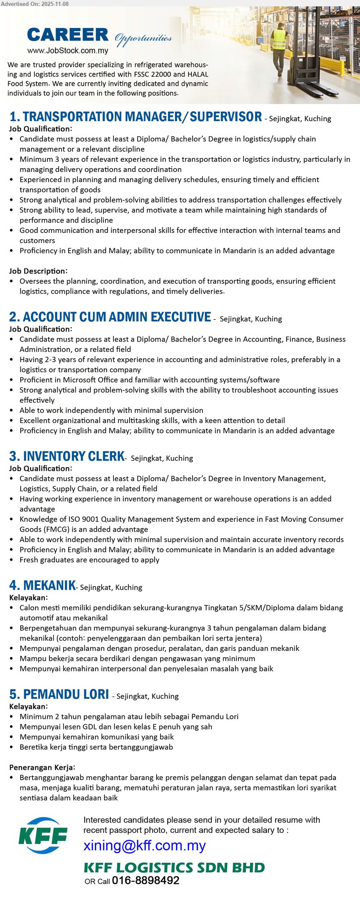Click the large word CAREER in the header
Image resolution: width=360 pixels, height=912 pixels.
pyautogui.click(x=68, y=35)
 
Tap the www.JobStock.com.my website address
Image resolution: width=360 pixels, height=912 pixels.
pyautogui.click(x=68, y=51)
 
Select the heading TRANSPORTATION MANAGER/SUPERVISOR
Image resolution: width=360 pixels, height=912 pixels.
pyautogui.click(x=136, y=117)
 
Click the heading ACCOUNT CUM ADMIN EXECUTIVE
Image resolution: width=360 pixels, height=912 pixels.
pyautogui.click(x=110, y=317)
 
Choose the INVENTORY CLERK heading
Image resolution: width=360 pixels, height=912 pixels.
pyautogui.click(x=67, y=456)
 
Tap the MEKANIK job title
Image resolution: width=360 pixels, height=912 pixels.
pyautogui.click(x=42, y=586)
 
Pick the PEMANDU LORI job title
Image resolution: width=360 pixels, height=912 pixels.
pyautogui.click(x=59, y=694)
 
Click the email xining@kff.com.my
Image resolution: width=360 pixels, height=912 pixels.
pyautogui.click(x=144, y=845)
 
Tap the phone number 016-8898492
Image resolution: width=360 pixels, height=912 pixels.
pyautogui.click(x=146, y=881)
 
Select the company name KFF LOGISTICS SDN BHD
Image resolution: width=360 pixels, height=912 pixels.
pyautogui.click(x=174, y=868)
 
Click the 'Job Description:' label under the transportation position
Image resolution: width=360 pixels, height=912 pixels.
pyautogui.click(x=38, y=271)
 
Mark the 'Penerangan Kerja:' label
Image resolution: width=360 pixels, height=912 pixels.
pyautogui.click(x=42, y=767)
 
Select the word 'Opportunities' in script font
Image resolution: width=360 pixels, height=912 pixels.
pyautogui.click(x=143, y=39)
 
